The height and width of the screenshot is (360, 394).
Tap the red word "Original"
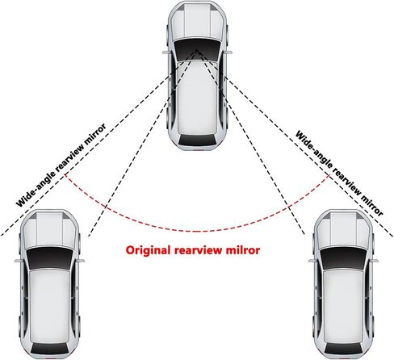point(149,251)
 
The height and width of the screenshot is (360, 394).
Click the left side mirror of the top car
point(166,52)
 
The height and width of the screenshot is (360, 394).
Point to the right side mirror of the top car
point(228,52)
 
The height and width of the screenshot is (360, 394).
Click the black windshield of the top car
point(197,50)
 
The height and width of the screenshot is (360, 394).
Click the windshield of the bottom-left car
point(50,258)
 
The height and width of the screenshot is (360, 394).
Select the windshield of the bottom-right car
point(344,258)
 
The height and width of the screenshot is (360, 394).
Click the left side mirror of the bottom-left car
point(19,261)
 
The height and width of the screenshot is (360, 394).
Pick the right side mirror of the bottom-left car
point(81,261)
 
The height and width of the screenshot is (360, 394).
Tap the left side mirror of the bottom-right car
point(312,261)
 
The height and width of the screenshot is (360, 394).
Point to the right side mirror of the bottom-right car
point(375,261)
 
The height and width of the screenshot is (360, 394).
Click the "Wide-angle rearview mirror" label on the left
point(61,165)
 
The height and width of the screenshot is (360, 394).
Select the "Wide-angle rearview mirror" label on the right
point(340,173)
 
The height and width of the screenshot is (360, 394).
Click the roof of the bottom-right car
point(344,305)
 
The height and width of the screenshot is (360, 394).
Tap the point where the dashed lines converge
point(197,50)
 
